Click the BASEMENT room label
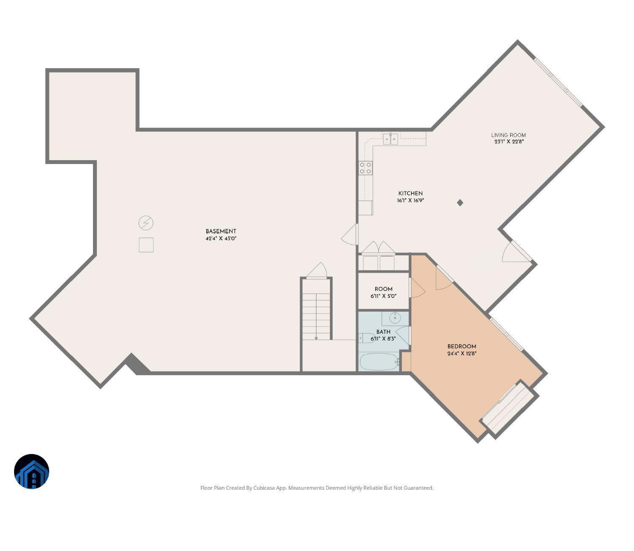[x=221, y=231]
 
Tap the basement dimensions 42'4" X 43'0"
[x=221, y=238]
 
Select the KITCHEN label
[x=410, y=194]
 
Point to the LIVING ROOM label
[x=508, y=135]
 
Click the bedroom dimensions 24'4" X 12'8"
[x=462, y=354]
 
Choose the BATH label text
[x=383, y=332]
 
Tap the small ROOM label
[x=383, y=289]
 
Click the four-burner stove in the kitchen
[x=366, y=168]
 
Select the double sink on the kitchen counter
[x=390, y=139]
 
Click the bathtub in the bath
[x=379, y=362]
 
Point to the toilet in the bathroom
[x=366, y=338]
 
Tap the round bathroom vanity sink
[x=395, y=318]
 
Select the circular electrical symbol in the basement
[x=146, y=223]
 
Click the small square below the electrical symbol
[x=146, y=245]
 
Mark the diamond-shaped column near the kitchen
[x=460, y=203]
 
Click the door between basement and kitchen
[x=351, y=235]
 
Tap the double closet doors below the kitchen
[x=378, y=248]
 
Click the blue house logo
[x=32, y=472]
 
